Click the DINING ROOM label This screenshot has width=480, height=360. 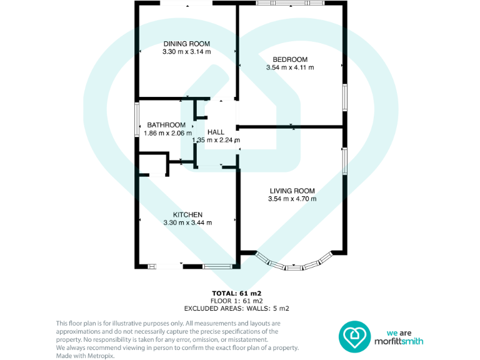click(x=187, y=43)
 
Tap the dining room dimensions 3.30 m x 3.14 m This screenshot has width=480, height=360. click(x=187, y=51)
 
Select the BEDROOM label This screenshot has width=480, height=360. click(x=289, y=59)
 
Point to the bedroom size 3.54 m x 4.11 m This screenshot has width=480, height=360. click(x=289, y=67)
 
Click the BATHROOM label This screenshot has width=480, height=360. click(x=166, y=125)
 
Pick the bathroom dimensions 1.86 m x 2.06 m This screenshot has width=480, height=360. click(x=166, y=133)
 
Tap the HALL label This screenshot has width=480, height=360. click(x=216, y=132)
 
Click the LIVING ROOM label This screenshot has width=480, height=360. click(x=292, y=191)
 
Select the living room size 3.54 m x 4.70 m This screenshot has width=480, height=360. click(x=292, y=199)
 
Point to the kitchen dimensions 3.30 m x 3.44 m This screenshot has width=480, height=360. click(x=187, y=222)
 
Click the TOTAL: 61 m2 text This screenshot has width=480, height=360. click(x=236, y=293)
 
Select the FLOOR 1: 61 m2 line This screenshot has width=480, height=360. click(x=236, y=301)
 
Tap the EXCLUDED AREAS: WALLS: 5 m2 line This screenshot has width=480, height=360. click(x=236, y=308)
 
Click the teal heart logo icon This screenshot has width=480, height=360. click(x=354, y=337)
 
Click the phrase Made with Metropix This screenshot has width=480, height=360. click(x=85, y=356)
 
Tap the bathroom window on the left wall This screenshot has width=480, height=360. click(x=138, y=119)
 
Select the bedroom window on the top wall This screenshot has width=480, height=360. click(x=290, y=4)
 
